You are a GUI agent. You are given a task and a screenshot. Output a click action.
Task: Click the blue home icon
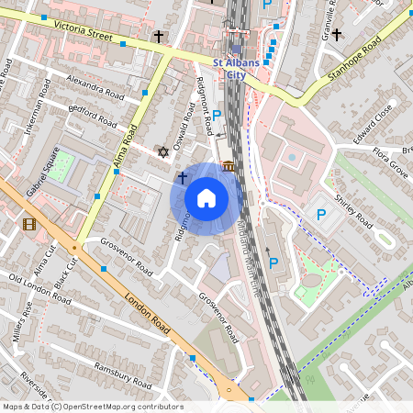click(x=206, y=197)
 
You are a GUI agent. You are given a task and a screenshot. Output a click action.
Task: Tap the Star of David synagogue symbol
click(x=164, y=151)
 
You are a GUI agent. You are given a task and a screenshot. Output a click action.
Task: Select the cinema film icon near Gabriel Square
click(x=29, y=224)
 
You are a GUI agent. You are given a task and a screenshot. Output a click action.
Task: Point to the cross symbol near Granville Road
click(x=336, y=35)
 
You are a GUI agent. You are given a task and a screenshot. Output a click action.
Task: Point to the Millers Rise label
click(x=21, y=322)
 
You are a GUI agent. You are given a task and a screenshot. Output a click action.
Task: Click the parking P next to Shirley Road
click(x=320, y=215)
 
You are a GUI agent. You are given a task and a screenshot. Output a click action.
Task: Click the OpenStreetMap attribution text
click(x=92, y=407)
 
